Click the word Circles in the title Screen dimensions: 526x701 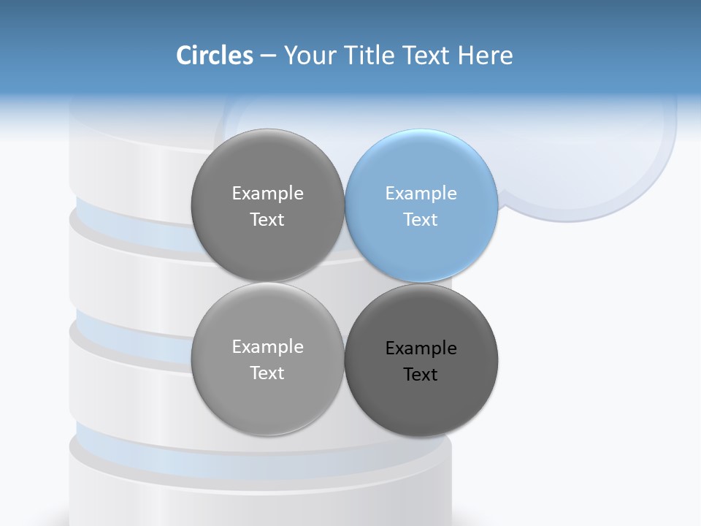[x=215, y=56]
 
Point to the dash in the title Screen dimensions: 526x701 [x=268, y=56]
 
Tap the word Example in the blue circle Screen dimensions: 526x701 [x=421, y=193]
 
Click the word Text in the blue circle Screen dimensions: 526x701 [x=421, y=219]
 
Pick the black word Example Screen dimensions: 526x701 [x=421, y=348]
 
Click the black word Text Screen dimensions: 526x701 [x=421, y=374]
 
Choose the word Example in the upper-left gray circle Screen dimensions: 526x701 [x=268, y=193]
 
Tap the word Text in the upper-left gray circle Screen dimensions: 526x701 [x=267, y=219]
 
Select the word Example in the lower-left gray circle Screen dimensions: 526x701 [x=268, y=346]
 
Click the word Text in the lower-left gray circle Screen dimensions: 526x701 [x=267, y=373]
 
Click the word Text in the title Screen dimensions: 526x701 [x=426, y=56]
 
